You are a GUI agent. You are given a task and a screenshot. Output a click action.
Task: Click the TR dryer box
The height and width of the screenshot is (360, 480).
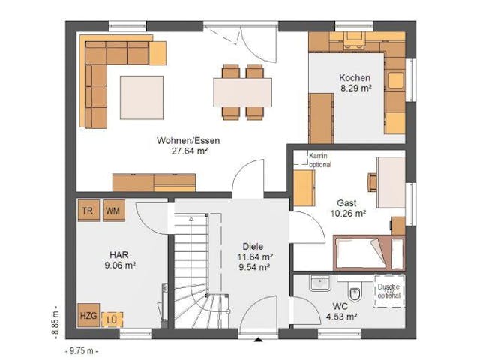(88, 211)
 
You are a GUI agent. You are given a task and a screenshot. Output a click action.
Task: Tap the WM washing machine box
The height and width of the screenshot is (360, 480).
(114, 211)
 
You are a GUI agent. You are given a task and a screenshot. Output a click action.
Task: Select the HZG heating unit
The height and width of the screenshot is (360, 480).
(88, 315)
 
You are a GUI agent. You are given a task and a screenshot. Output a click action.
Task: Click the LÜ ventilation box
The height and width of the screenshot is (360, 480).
(112, 319)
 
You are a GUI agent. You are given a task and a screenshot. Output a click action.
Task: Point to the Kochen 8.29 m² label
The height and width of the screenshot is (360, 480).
(355, 82)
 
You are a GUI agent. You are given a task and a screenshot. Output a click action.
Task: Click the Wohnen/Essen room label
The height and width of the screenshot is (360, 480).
(188, 140)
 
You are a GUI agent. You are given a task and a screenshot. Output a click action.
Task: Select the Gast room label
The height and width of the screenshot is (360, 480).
(346, 203)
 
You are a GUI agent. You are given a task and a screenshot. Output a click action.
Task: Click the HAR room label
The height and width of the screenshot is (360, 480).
(119, 254)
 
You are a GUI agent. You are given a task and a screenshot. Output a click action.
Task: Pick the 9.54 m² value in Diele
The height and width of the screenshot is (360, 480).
(254, 267)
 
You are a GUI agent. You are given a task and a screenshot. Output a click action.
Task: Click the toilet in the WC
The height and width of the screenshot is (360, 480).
(355, 290)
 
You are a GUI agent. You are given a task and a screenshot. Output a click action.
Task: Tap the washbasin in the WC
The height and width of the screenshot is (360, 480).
(320, 283)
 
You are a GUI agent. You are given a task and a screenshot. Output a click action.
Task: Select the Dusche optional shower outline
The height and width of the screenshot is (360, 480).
(388, 291)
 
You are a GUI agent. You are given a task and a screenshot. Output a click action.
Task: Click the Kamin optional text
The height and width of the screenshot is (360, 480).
(320, 160)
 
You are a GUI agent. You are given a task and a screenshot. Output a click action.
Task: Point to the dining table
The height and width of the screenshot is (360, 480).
(242, 92)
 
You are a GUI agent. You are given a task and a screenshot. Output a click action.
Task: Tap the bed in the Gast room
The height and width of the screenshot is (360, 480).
(369, 253)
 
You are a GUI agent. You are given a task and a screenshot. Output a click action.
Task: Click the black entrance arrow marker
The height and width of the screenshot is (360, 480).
(259, 339)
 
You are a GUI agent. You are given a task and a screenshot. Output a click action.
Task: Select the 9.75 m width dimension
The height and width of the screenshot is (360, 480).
(82, 351)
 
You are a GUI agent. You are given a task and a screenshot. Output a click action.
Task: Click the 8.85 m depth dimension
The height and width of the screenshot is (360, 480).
(55, 322)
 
